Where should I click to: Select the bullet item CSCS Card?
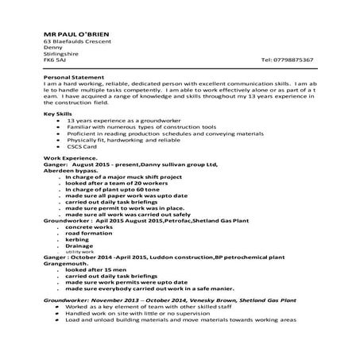[x=81, y=146]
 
